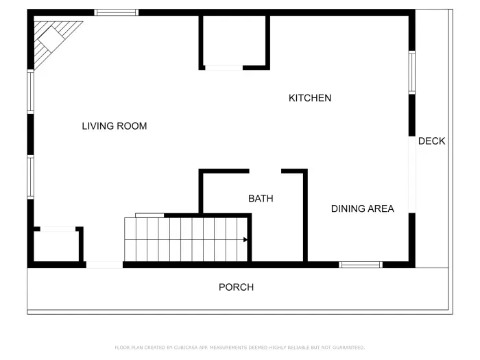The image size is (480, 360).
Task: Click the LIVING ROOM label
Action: pyautogui.click(x=114, y=126)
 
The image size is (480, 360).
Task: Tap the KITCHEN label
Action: pyautogui.click(x=309, y=98)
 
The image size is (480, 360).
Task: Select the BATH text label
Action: pyautogui.click(x=261, y=199)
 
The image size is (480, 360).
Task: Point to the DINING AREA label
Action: pyautogui.click(x=362, y=208)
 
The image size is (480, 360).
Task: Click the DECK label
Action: pyautogui.click(x=431, y=141)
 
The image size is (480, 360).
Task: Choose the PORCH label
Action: pyautogui.click(x=236, y=287)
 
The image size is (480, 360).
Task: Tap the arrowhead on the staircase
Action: pyautogui.click(x=245, y=240)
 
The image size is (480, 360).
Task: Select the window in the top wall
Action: pyautogui.click(x=116, y=12)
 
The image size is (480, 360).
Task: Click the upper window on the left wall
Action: pyautogui.click(x=30, y=92)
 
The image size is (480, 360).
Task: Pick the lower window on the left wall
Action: pyautogui.click(x=30, y=177)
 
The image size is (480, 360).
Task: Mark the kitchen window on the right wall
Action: pyautogui.click(x=411, y=72)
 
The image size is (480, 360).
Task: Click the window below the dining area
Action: pyautogui.click(x=361, y=265)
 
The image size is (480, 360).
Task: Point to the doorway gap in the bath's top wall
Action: pyautogui.click(x=265, y=171)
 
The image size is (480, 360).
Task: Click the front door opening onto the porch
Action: pyautogui.click(x=104, y=265)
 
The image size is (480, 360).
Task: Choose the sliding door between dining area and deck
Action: pyautogui.click(x=411, y=175)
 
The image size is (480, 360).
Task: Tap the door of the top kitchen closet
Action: pyautogui.click(x=224, y=68)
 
